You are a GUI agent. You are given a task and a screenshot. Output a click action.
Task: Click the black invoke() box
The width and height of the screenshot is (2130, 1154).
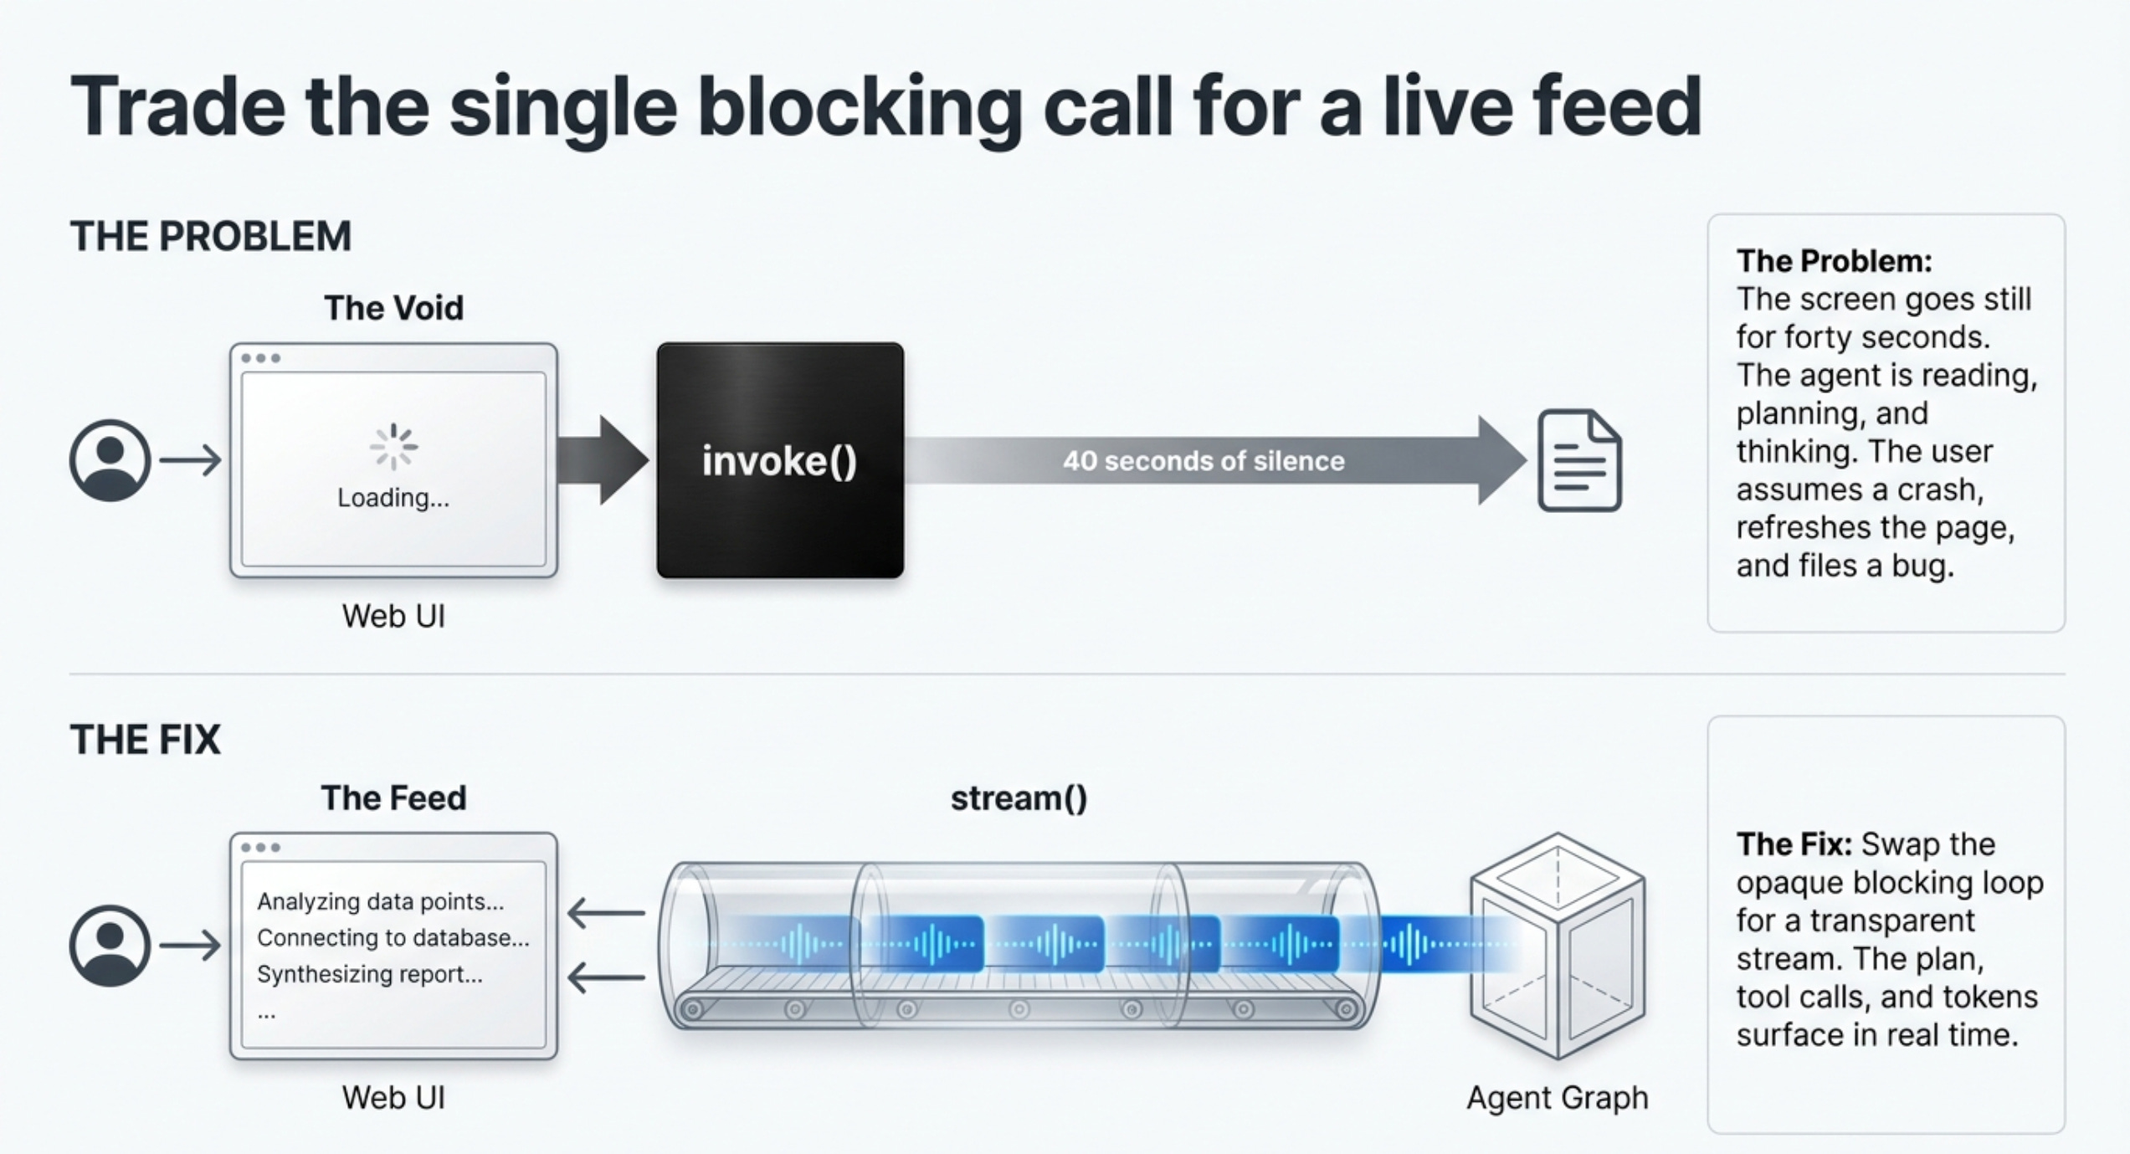780,460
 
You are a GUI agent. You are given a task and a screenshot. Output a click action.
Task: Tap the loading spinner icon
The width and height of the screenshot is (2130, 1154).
393,448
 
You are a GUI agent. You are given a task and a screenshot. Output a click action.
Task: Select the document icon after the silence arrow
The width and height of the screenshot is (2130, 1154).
1579,460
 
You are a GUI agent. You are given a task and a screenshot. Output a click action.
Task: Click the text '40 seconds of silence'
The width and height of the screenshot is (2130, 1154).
1204,461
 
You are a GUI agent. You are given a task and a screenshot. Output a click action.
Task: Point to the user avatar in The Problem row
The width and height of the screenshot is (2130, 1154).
110,460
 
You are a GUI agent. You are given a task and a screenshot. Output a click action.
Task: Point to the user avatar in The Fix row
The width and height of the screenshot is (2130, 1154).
110,946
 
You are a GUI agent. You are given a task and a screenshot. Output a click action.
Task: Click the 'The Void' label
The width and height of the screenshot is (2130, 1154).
393,308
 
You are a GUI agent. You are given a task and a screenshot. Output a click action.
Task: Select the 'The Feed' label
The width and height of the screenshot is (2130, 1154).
393,798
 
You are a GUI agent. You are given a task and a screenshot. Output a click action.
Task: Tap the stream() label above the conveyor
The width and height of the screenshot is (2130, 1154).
1019,798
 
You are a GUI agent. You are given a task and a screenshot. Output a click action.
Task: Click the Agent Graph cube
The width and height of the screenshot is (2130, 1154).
1558,946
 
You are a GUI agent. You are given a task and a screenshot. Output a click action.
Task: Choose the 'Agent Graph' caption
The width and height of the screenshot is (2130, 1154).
1558,1097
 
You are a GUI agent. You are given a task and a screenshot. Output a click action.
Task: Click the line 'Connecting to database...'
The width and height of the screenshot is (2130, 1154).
393,938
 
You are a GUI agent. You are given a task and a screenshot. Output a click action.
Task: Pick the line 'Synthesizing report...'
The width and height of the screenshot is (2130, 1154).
370,974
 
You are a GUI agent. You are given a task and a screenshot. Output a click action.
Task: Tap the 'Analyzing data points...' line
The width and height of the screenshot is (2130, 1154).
381,901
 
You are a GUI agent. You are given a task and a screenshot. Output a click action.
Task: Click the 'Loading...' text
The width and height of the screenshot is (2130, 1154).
393,498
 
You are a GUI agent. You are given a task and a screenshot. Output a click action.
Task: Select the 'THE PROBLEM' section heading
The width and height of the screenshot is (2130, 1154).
211,236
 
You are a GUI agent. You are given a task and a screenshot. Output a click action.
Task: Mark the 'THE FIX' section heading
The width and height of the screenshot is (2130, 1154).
146,740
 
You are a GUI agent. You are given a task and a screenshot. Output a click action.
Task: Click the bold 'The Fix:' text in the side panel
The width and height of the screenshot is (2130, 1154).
1794,844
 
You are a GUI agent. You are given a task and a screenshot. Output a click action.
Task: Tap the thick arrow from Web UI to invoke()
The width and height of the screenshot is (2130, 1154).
603,460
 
